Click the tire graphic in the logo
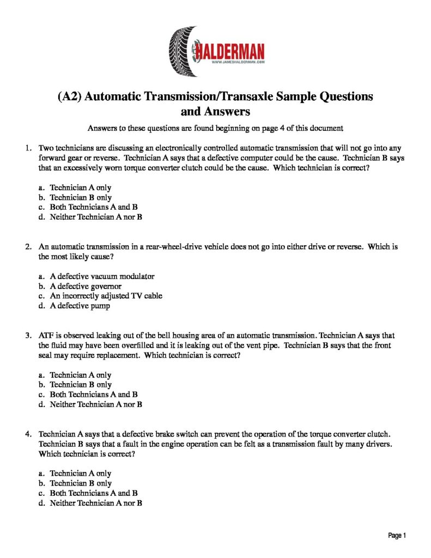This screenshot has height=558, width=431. (x=180, y=51)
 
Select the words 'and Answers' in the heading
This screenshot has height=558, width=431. (x=215, y=112)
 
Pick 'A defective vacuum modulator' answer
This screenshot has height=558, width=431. (x=102, y=276)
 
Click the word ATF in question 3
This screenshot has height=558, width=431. (x=47, y=335)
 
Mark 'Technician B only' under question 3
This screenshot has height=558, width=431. (x=80, y=385)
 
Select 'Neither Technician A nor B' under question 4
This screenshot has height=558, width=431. (x=95, y=503)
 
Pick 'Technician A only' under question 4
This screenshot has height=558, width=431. (x=80, y=474)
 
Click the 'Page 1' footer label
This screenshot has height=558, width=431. (x=397, y=536)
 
